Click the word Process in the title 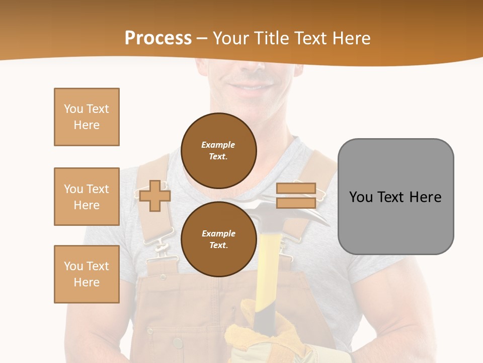(x=158, y=38)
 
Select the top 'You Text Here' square (x=87, y=117)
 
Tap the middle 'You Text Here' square (x=87, y=197)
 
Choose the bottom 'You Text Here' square (x=87, y=274)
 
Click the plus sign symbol (x=155, y=196)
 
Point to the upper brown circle (x=218, y=150)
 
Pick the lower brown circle (x=218, y=239)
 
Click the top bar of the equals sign (x=296, y=189)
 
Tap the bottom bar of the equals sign (x=296, y=203)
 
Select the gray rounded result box (x=395, y=222)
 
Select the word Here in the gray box (x=425, y=197)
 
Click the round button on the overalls (x=178, y=344)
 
